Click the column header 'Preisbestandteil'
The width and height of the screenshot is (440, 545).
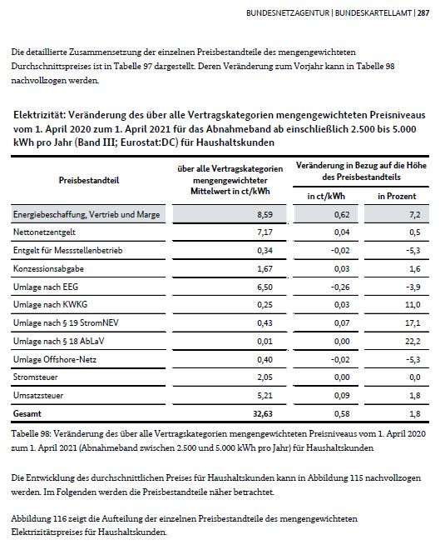pyautogui.click(x=87, y=179)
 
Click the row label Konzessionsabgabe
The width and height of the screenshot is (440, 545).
pyautogui.click(x=47, y=269)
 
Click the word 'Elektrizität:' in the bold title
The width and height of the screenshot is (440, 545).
pyautogui.click(x=41, y=114)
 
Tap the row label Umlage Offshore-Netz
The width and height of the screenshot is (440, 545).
pyautogui.click(x=52, y=358)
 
